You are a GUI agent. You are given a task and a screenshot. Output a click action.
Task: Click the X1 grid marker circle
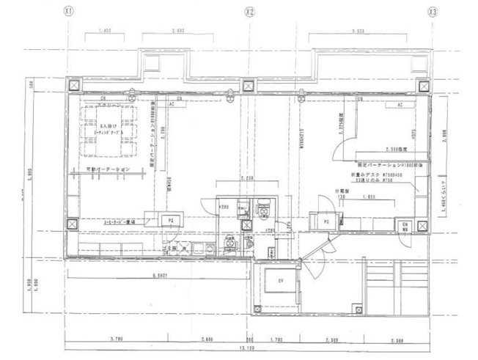click(69, 12)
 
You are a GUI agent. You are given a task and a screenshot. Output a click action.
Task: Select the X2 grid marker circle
click(249, 12)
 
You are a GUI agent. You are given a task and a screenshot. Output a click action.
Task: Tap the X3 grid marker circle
click(433, 12)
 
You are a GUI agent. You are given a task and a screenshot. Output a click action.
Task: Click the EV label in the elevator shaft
click(279, 280)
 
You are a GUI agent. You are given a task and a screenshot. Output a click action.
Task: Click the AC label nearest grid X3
click(400, 105)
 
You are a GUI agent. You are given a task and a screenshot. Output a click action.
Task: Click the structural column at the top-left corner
click(73, 84)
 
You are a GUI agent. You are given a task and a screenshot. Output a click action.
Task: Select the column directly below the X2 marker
click(249, 84)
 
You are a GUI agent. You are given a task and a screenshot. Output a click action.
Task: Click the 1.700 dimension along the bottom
click(277, 340)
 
